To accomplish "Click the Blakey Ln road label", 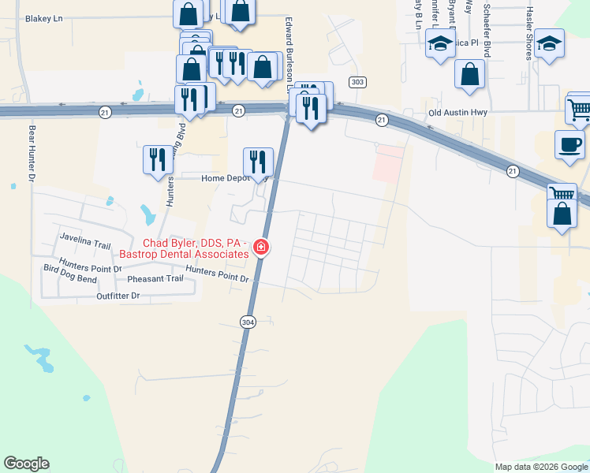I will pyautogui.click(x=43, y=17).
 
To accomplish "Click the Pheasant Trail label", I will pyautogui.click(x=154, y=279).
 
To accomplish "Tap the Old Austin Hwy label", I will pyautogui.click(x=458, y=113).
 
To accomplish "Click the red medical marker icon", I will pyautogui.click(x=260, y=248).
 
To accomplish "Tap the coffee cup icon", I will pyautogui.click(x=569, y=144).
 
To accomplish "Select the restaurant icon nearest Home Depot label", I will pyautogui.click(x=257, y=162).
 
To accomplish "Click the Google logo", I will pyautogui.click(x=26, y=464).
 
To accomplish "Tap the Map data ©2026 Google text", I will pyautogui.click(x=541, y=467).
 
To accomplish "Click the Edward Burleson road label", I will pyautogui.click(x=289, y=47).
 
